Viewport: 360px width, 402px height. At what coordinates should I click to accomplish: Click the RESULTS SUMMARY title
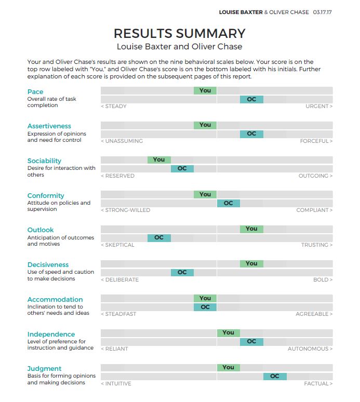179,33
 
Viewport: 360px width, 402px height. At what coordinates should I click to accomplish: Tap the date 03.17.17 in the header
322,12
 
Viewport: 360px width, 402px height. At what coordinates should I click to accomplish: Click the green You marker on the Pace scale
205,90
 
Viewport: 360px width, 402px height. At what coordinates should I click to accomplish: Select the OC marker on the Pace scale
251,99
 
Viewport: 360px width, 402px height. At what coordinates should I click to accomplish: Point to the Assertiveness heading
49,126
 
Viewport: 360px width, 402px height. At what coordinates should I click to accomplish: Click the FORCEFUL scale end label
316,141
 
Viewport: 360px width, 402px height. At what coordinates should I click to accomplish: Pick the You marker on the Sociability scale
159,159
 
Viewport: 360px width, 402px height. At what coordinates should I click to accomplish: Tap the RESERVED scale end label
118,176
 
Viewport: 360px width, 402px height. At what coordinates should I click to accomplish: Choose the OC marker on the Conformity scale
228,203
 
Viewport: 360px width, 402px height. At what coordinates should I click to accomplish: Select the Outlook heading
41,230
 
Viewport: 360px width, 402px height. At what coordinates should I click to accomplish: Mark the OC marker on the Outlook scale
159,238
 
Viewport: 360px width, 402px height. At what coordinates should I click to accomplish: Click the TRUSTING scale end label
316,245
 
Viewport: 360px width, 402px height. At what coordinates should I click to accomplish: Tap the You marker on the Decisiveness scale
251,263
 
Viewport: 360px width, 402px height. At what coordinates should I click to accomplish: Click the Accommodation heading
55,300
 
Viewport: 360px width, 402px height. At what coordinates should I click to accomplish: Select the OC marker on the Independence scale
251,342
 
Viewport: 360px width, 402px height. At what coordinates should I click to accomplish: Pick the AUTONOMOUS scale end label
310,349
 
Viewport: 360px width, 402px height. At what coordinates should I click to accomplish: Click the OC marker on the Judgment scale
275,376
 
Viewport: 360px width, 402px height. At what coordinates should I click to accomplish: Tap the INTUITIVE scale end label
116,384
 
